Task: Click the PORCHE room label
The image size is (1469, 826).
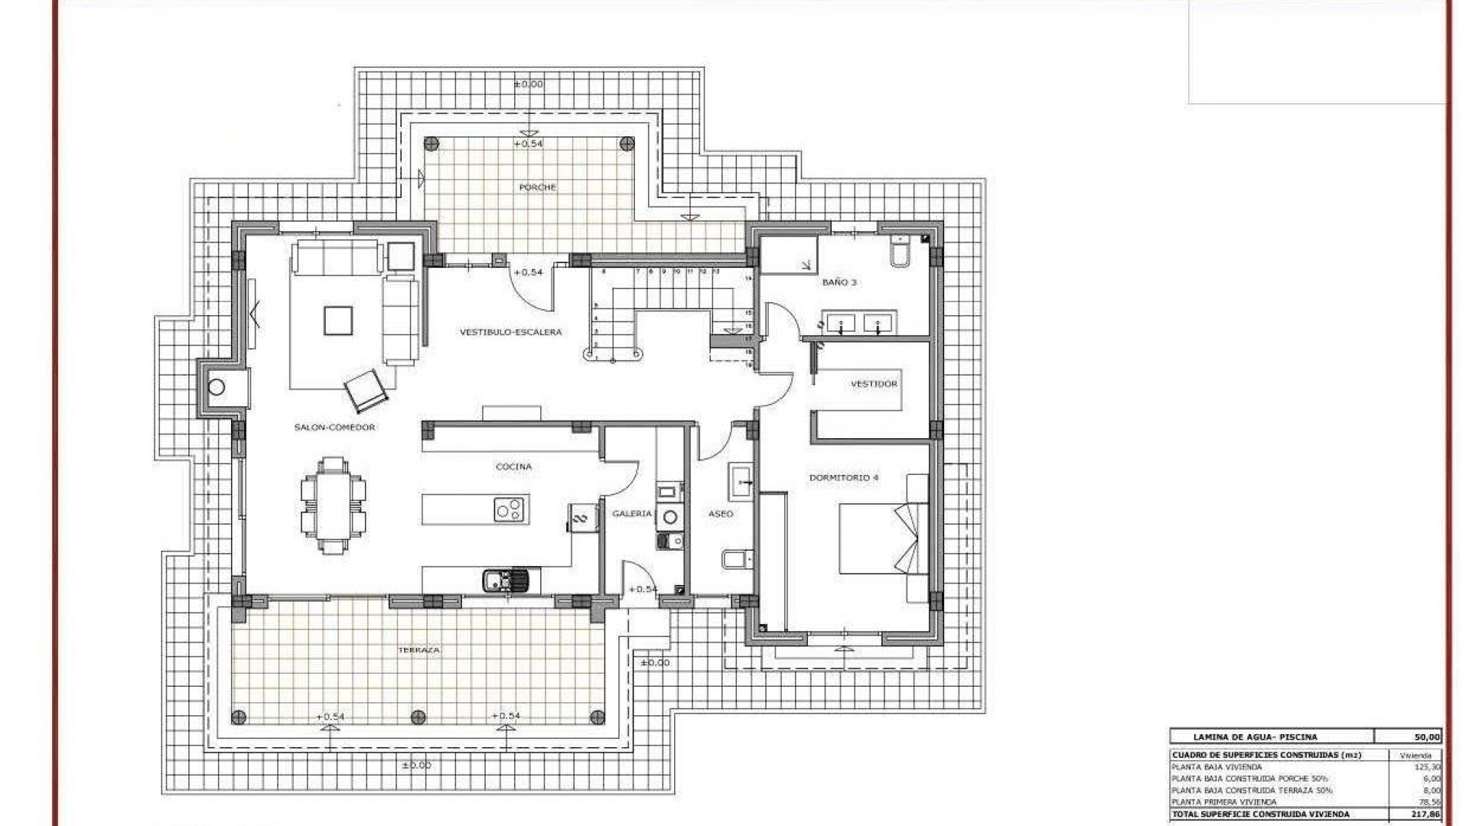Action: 537,187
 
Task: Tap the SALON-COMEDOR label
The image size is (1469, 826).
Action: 334,428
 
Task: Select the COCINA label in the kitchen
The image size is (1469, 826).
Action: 513,467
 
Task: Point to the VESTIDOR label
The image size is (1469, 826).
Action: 874,384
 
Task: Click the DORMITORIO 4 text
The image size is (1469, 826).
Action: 844,477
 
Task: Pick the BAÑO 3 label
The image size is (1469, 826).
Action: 839,282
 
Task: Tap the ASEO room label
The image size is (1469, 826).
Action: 721,514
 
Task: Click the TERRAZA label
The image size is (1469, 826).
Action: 419,650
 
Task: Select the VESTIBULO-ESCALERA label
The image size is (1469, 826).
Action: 510,332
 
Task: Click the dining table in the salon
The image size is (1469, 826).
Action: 333,506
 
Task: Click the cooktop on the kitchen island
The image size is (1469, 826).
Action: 509,509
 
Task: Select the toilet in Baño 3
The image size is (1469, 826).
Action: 900,252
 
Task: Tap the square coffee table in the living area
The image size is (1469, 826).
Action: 337,320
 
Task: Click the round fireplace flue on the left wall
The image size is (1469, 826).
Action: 217,388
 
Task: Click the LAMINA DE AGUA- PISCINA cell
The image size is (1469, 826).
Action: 1255,737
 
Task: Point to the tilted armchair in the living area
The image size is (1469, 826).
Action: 366,389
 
